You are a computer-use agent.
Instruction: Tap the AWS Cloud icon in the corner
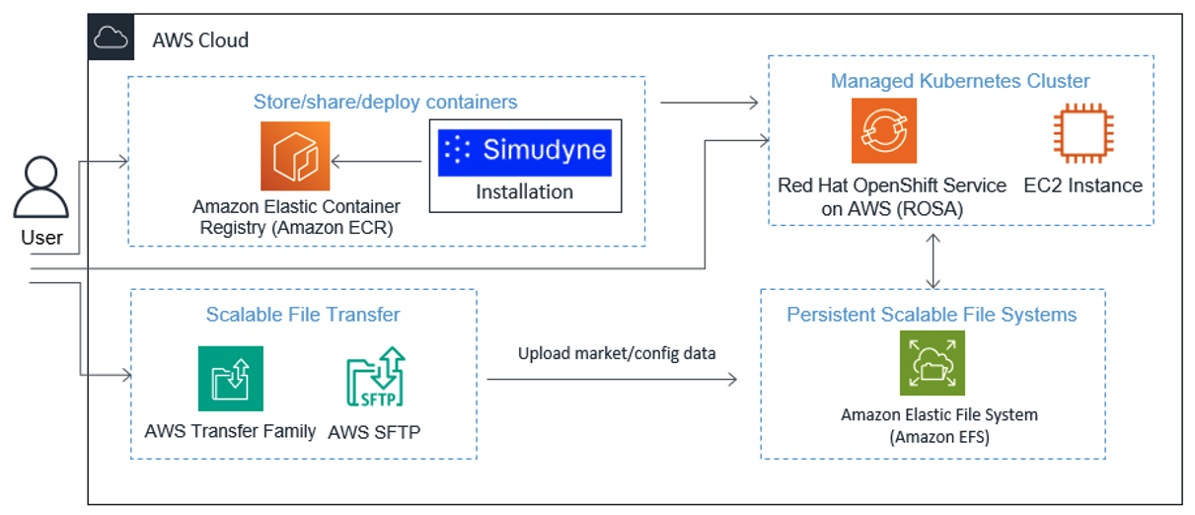pyautogui.click(x=111, y=38)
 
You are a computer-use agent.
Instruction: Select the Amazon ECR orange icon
pyautogui.click(x=295, y=156)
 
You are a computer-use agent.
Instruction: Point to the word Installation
pyautogui.click(x=524, y=191)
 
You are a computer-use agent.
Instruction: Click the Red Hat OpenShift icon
pyautogui.click(x=883, y=130)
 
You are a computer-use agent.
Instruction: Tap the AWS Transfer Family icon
pyautogui.click(x=230, y=378)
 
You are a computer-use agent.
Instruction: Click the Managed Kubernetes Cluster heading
pyautogui.click(x=960, y=81)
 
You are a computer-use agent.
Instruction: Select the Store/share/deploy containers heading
pyautogui.click(x=385, y=102)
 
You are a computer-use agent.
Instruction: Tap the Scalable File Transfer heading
pyautogui.click(x=303, y=315)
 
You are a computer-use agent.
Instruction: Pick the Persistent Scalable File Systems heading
pyautogui.click(x=932, y=315)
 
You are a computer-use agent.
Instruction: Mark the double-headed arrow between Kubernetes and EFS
pyautogui.click(x=933, y=257)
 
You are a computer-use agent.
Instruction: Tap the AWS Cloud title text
pyautogui.click(x=200, y=40)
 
